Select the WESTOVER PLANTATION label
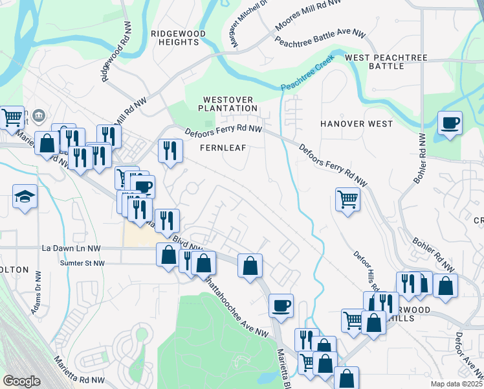[x=227, y=103]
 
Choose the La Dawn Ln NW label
[x=71, y=248]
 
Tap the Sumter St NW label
[x=72, y=263]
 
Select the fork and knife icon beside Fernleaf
[x=170, y=151]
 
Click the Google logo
[x=21, y=381]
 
